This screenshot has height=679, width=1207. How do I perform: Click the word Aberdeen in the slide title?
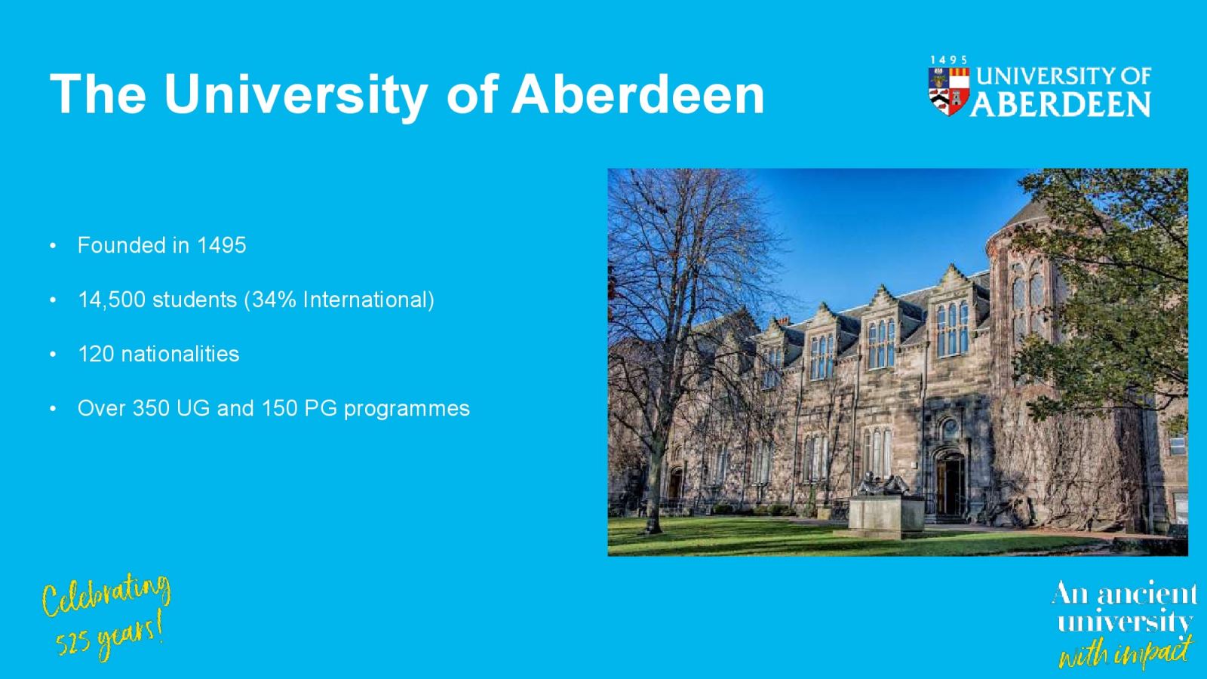click(637, 94)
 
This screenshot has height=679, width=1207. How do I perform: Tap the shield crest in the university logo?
click(948, 91)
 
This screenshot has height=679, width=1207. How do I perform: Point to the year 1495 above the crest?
click(948, 60)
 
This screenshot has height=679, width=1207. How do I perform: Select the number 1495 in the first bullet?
click(222, 245)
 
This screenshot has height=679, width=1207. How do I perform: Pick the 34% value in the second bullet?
click(274, 300)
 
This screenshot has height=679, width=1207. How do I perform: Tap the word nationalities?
click(180, 354)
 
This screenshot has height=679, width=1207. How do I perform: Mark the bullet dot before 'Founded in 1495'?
click(52, 246)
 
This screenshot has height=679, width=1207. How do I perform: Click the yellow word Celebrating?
click(106, 595)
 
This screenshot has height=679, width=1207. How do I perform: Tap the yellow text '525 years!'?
click(110, 638)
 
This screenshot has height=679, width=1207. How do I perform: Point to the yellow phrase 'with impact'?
click(1125, 652)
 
